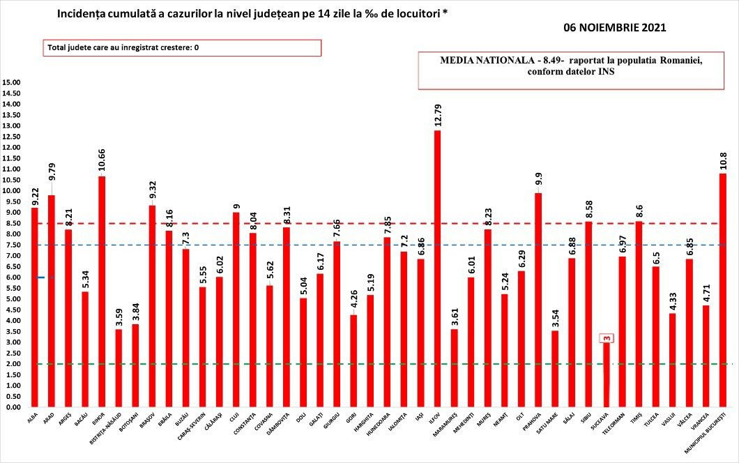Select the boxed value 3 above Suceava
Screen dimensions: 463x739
(x=607, y=339)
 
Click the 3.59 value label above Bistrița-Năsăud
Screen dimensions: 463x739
(x=119, y=315)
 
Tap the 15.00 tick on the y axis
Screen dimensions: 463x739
(x=13, y=82)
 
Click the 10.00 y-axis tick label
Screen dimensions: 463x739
(x=13, y=190)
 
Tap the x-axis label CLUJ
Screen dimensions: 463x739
(x=234, y=418)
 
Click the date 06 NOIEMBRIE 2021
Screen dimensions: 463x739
(x=615, y=29)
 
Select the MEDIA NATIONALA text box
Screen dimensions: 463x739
(x=571, y=70)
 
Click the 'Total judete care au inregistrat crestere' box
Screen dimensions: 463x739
(x=182, y=47)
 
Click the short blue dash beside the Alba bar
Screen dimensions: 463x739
(x=42, y=278)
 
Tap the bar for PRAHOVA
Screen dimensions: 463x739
(x=538, y=300)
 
